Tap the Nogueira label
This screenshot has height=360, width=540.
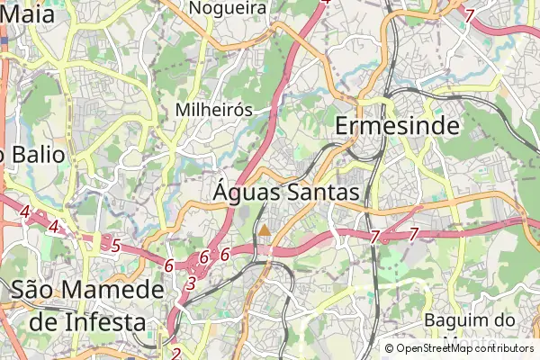tap(229, 8)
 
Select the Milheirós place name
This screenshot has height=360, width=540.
tap(212, 109)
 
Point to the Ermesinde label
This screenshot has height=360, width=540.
tap(397, 126)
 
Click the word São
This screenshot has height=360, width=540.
tap(39, 290)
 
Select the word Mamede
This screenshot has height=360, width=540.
tap(116, 290)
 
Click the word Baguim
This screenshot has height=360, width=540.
tap(455, 319)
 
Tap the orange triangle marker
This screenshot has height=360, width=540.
tap(265, 230)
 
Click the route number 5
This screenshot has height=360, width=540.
tap(114, 244)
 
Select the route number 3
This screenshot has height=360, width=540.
tap(190, 283)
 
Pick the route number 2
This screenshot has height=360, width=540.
tap(176, 354)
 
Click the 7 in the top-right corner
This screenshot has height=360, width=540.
tap(469, 15)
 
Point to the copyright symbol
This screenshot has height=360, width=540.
tap(389, 348)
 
